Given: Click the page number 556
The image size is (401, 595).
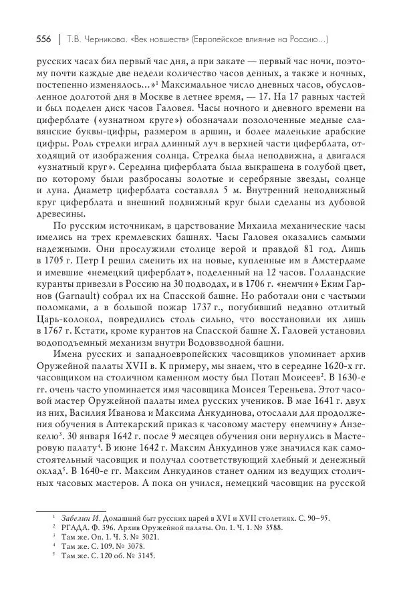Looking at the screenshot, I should pyautogui.click(x=45, y=39).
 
